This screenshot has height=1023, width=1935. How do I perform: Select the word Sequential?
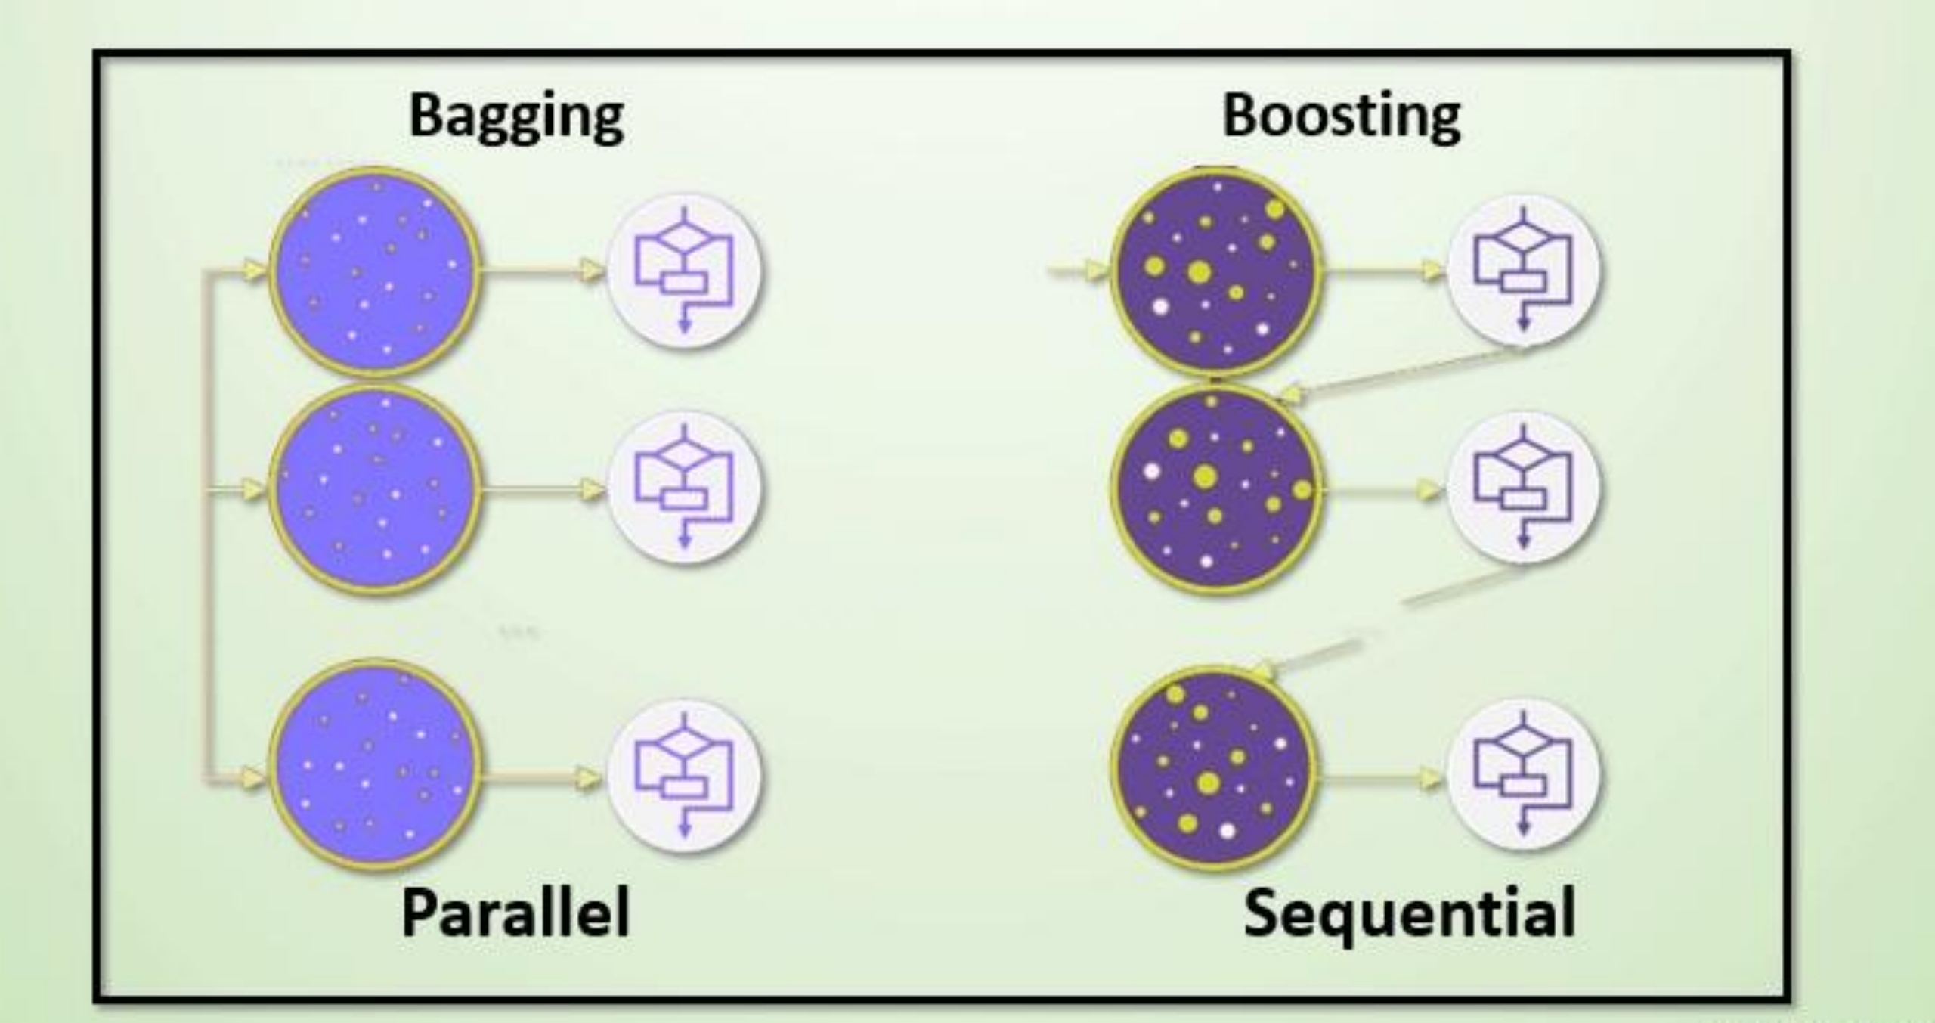(1410, 913)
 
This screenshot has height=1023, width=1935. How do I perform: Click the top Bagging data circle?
(376, 271)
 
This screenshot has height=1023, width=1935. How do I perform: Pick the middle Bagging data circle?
(376, 490)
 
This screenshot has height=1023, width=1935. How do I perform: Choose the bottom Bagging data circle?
(376, 765)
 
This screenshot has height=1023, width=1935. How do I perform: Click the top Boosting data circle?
(1215, 271)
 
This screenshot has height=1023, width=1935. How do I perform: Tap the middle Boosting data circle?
(1215, 490)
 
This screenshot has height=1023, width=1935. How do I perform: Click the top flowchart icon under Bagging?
(685, 271)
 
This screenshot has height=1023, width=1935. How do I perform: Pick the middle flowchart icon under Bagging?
(685, 487)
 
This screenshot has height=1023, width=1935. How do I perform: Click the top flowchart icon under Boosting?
(1523, 271)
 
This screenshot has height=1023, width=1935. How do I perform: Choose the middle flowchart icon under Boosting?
(1523, 487)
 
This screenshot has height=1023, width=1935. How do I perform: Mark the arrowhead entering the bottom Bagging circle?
(254, 777)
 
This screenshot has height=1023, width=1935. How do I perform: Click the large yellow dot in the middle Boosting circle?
(1205, 476)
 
